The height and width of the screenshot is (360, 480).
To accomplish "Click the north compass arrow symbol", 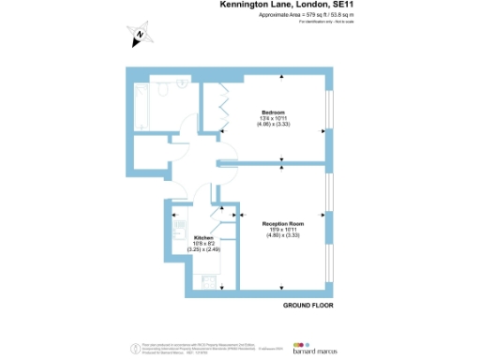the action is [139, 37].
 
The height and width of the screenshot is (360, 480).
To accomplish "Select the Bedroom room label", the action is [273, 112].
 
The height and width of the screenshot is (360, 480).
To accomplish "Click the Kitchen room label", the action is [204, 238].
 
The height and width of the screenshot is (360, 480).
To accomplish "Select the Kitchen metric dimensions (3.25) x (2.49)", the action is [203, 250].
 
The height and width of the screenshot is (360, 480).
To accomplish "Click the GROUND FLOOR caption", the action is [307, 307].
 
